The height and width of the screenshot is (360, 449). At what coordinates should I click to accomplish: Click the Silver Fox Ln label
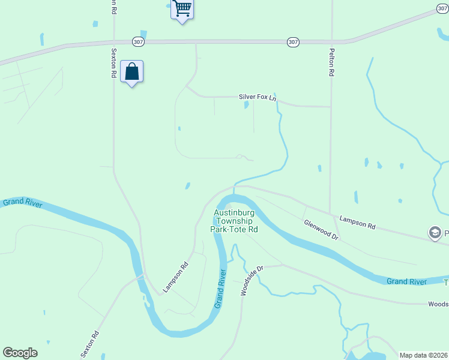click(x=258, y=97)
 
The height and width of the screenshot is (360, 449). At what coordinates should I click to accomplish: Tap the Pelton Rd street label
click(x=331, y=62)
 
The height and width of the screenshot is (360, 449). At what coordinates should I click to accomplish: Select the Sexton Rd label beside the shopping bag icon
click(x=113, y=63)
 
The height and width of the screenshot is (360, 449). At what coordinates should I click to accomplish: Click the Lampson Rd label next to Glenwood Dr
click(x=357, y=223)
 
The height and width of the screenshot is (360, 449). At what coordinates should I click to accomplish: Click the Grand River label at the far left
click(x=22, y=203)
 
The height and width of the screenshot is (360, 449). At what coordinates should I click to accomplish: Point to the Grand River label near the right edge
click(x=406, y=281)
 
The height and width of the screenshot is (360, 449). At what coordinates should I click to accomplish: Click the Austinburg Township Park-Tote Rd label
click(x=234, y=221)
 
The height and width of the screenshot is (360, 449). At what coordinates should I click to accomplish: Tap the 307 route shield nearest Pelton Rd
click(x=292, y=41)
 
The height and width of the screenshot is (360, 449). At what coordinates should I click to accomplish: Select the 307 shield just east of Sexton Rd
click(x=139, y=41)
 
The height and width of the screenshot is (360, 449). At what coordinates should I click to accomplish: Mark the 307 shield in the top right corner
click(x=442, y=8)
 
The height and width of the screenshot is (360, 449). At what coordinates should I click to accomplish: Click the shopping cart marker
click(x=182, y=10)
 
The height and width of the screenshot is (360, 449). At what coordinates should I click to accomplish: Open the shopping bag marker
click(x=131, y=72)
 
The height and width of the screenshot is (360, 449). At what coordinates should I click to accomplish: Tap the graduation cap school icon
click(x=435, y=233)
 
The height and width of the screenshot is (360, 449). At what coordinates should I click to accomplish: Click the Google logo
click(x=20, y=352)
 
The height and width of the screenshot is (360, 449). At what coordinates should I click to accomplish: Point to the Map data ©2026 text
click(x=423, y=355)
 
